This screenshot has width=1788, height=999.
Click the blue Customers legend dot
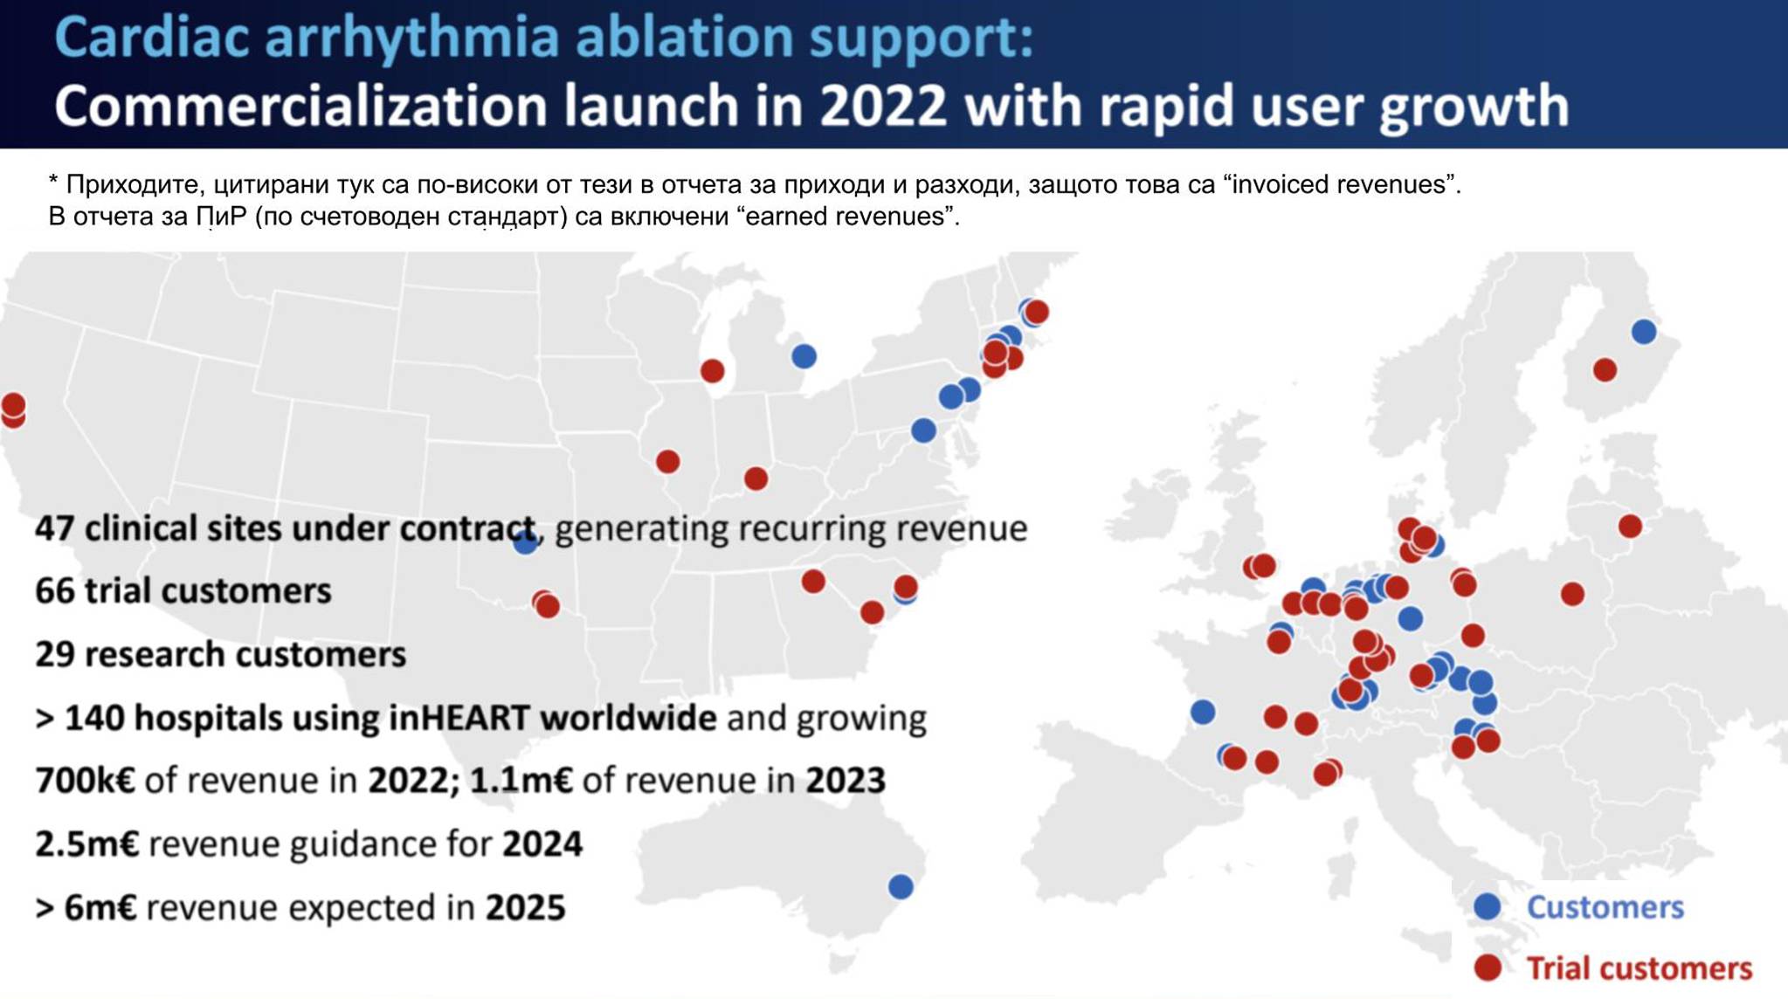pos(1488,906)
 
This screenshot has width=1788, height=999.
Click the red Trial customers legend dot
pos(1488,968)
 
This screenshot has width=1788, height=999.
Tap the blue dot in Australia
pos(901,887)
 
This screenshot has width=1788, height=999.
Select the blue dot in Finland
pos(1644,332)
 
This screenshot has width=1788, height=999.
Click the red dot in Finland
pos(1605,370)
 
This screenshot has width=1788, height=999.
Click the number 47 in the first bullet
pos(55,528)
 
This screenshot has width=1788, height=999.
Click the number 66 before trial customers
pos(55,591)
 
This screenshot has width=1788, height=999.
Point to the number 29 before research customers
pos(55,654)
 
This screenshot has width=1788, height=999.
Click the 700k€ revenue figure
pos(86,780)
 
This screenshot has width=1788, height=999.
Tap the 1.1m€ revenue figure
pos(521,780)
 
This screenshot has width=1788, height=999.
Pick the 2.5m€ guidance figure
pos(87,844)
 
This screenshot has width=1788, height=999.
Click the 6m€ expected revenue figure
pos(100,907)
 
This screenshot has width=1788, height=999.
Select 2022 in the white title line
pos(883,106)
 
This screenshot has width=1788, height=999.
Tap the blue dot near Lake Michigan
pos(804,356)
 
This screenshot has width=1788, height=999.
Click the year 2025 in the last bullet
pos(526,907)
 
